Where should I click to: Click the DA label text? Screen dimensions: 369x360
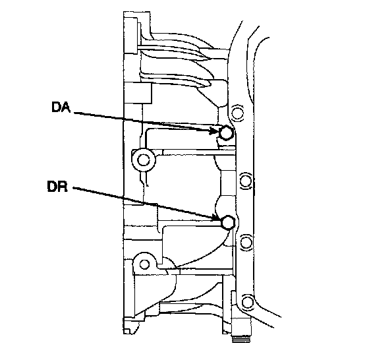61,107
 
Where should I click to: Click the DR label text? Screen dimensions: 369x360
57,187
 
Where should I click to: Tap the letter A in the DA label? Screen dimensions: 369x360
66,107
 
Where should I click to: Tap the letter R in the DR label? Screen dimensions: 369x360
63,187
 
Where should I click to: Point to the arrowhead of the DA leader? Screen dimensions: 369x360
214,131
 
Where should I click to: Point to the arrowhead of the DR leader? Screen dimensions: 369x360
217,218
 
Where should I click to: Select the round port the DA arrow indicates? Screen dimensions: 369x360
226,133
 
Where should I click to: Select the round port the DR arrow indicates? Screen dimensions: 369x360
228,222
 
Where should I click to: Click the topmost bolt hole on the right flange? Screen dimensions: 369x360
237,113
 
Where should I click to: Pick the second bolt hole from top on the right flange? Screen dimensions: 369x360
246,181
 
